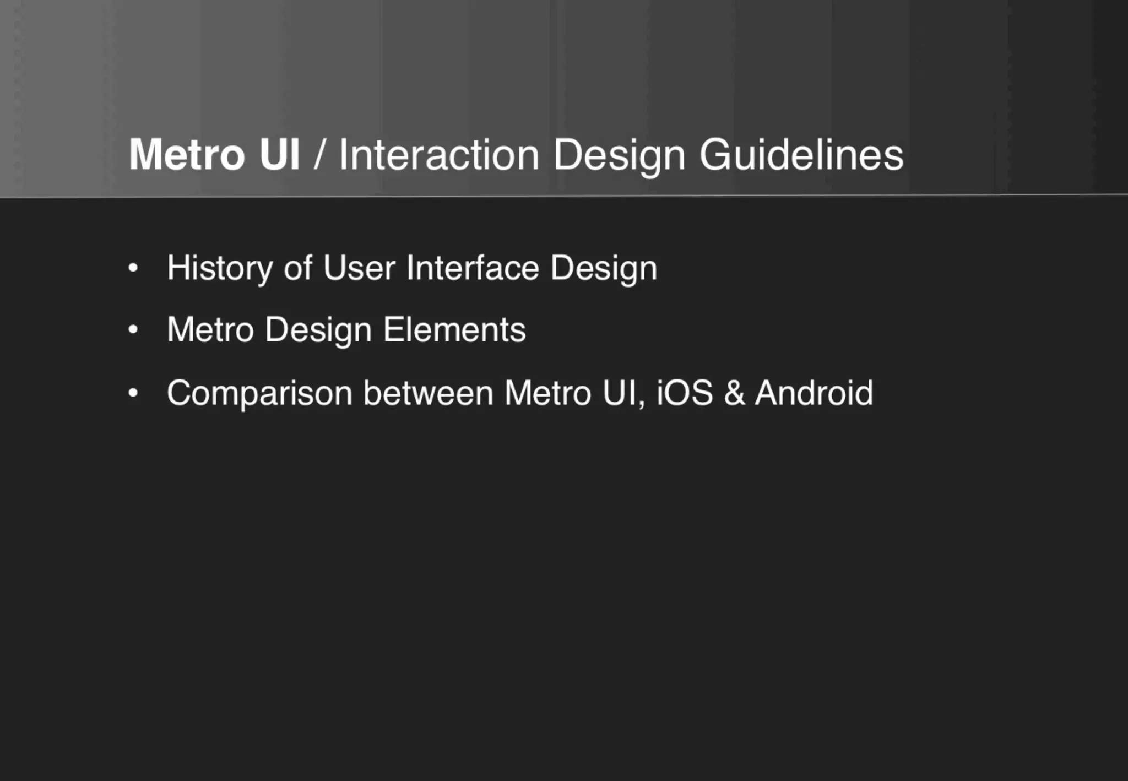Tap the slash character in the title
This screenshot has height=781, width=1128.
pos(318,155)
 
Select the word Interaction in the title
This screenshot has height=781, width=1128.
pos(438,155)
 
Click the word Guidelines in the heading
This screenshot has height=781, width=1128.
pos(801,155)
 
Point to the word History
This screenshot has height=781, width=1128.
pos(220,269)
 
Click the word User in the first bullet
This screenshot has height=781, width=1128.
pos(359,268)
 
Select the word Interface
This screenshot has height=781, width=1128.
pos(473,268)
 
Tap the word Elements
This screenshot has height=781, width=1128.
pos(454,330)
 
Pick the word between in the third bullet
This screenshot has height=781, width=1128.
pos(428,393)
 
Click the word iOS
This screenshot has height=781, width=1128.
pos(685,393)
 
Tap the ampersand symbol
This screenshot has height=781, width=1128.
pos(734,393)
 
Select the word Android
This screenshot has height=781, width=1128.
pos(814,393)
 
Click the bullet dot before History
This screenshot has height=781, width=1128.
pos(133,269)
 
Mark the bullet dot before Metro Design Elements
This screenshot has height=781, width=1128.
pos(133,330)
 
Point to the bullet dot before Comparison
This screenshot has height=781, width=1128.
pos(133,394)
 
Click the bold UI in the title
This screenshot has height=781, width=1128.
pos(280,155)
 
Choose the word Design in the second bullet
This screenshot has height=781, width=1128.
pos(318,330)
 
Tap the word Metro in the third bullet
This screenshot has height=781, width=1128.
pos(547,393)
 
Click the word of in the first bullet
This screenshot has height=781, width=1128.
pos(297,268)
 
